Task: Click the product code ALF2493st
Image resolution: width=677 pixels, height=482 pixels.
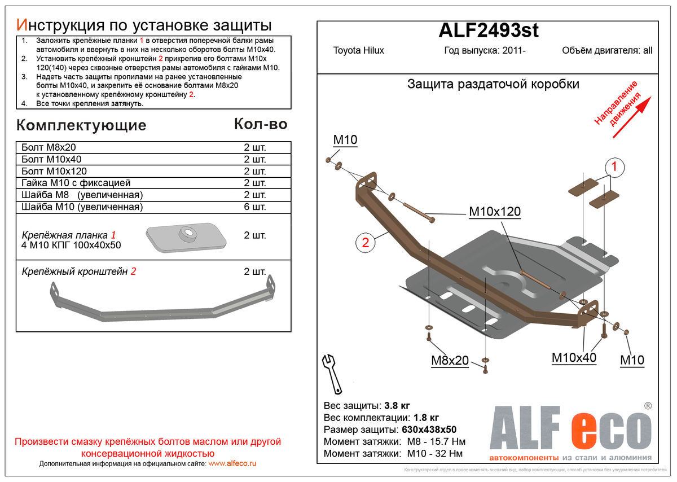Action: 489,30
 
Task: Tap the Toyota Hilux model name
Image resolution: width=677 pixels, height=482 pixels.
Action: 358,50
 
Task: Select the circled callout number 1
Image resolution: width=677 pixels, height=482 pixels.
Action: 614,167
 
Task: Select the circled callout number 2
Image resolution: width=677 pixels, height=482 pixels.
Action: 365,243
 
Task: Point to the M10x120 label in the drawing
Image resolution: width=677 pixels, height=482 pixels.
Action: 495,212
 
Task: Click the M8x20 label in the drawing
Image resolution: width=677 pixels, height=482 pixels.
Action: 450,361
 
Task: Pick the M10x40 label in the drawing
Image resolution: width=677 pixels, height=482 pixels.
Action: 574,358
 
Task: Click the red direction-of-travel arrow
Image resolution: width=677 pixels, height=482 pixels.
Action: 632,117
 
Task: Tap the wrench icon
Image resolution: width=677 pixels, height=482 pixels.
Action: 332,374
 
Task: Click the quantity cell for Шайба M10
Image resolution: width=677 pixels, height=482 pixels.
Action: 255,207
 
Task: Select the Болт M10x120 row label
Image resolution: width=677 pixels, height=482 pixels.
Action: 54,172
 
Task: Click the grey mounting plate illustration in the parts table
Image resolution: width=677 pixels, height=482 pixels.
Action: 186,238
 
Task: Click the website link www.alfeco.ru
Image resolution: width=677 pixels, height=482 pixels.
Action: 232,463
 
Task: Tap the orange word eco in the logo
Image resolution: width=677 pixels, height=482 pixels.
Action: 611,431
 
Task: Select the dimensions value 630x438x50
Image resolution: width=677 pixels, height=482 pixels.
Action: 429,430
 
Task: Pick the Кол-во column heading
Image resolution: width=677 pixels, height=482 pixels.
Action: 261,124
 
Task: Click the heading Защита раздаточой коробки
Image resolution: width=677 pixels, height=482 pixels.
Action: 493,84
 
